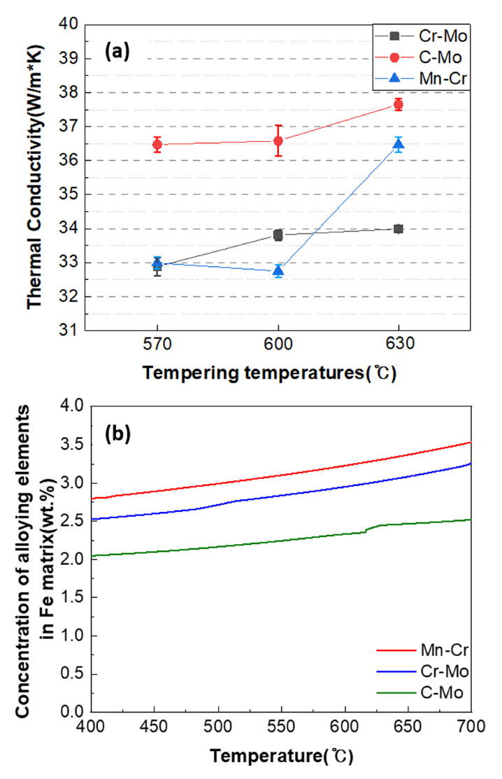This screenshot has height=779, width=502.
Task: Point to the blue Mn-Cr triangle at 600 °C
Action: tap(278, 271)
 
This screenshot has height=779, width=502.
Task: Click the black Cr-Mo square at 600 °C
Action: tap(278, 235)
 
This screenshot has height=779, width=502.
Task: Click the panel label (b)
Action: tap(118, 434)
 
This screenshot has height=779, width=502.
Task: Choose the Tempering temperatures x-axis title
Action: tap(270, 373)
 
